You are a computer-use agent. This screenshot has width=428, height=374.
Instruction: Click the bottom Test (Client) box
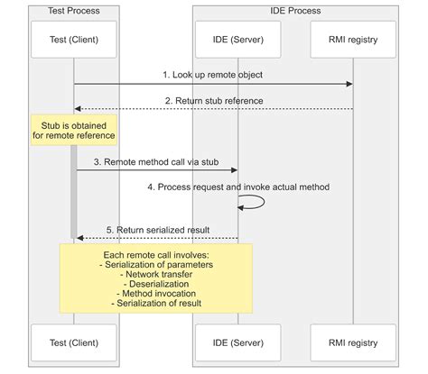point(74,342)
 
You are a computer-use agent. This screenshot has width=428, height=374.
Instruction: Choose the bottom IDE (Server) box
point(238,342)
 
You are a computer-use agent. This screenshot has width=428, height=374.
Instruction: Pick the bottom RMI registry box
point(353,342)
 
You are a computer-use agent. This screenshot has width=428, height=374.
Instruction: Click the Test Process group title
point(74,11)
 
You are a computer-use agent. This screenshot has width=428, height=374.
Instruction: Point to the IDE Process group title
point(295,11)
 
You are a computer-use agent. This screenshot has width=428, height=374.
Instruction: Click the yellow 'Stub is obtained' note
point(74,129)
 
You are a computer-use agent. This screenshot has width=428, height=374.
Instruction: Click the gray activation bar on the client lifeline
point(74,189)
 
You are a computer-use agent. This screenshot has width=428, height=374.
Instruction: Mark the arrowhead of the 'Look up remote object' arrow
point(349,84)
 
